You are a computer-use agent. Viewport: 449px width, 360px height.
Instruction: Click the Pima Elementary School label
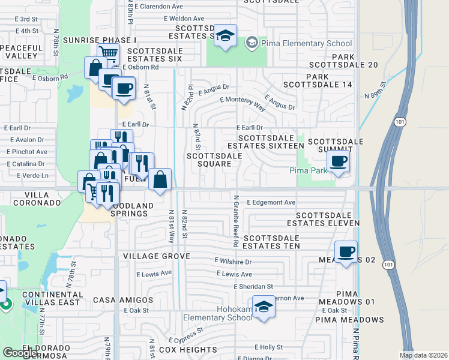tap(306, 43)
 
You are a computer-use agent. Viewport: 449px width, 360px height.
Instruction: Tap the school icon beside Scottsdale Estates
tap(225, 37)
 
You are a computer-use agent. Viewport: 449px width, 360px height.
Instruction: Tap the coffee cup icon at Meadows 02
tap(346, 252)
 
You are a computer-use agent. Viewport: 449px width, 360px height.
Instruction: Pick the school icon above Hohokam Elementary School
tap(264, 307)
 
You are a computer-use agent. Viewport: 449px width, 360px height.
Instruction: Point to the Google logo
tap(20, 353)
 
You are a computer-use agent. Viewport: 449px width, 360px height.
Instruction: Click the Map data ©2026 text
tap(424, 355)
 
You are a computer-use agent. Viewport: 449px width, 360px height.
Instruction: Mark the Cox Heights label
tap(172, 350)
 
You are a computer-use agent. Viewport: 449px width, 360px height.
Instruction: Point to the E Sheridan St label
tap(254, 286)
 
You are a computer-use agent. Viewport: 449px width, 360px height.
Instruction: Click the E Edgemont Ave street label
tap(271, 202)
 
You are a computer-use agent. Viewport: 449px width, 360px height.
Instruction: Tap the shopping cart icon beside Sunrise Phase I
tap(108, 53)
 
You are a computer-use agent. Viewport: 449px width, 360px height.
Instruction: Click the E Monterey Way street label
tap(243, 103)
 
